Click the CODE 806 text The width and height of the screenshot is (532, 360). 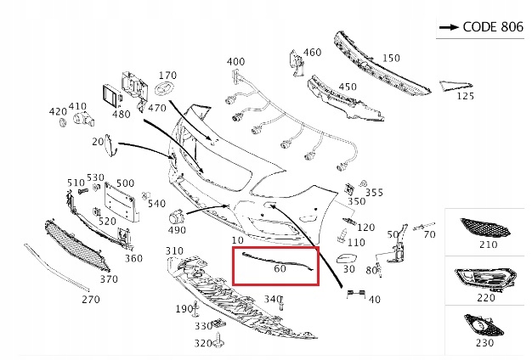[x=493, y=27]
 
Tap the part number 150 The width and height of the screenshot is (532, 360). [x=391, y=59]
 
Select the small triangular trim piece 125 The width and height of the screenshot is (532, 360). [x=456, y=86]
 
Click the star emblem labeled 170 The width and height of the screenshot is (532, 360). [x=165, y=88]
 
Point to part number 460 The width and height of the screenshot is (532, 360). [x=312, y=52]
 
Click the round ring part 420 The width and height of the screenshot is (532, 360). [x=63, y=123]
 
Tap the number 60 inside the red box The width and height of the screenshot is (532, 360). [x=280, y=268]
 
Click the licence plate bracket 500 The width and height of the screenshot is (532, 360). [x=122, y=202]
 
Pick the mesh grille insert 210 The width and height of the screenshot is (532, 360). [x=485, y=227]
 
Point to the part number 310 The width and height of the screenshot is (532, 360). [x=174, y=251]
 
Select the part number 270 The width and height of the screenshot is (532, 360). [x=91, y=300]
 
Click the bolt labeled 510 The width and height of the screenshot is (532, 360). [x=82, y=192]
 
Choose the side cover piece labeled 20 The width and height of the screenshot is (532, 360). [x=110, y=146]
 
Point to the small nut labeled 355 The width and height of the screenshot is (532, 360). [x=364, y=183]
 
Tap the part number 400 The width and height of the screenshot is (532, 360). [x=235, y=62]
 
